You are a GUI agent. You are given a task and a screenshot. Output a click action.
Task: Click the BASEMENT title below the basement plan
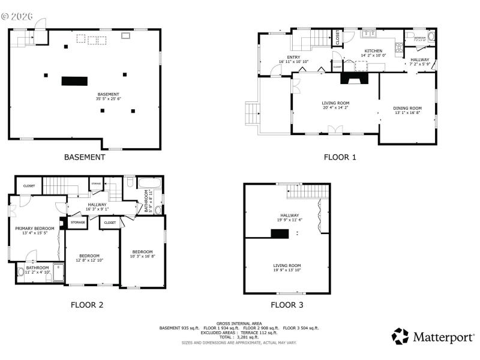click(85, 157)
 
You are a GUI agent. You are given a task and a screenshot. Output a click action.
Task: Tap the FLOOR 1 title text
click(340, 157)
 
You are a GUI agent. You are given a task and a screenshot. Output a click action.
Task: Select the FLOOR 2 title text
click(87, 305)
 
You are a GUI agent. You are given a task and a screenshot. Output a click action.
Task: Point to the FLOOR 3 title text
click(287, 305)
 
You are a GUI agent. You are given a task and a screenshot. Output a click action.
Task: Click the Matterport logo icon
click(400, 336)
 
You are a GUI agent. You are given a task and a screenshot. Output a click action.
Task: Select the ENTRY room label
click(293, 57)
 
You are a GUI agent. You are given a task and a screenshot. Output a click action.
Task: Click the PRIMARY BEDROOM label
click(34, 228)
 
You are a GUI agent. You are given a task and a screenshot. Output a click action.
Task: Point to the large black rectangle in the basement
click(74, 81)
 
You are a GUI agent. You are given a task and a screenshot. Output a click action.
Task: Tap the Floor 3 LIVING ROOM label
click(287, 265)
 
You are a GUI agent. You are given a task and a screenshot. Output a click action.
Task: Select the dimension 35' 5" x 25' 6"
click(109, 98)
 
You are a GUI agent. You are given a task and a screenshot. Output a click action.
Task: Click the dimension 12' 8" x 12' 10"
click(89, 260)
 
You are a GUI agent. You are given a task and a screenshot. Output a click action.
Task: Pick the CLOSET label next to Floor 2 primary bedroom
click(29, 186)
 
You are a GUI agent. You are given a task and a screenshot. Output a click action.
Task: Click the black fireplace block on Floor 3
click(279, 233)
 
